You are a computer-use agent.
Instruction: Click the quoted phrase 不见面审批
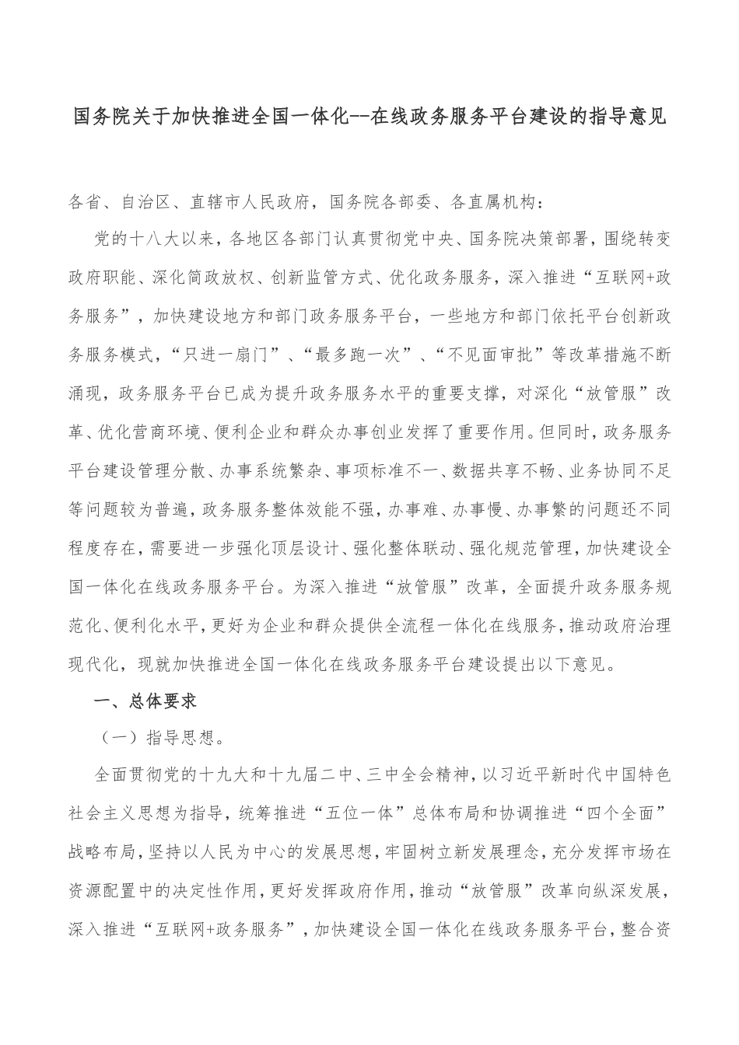pos(496,355)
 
